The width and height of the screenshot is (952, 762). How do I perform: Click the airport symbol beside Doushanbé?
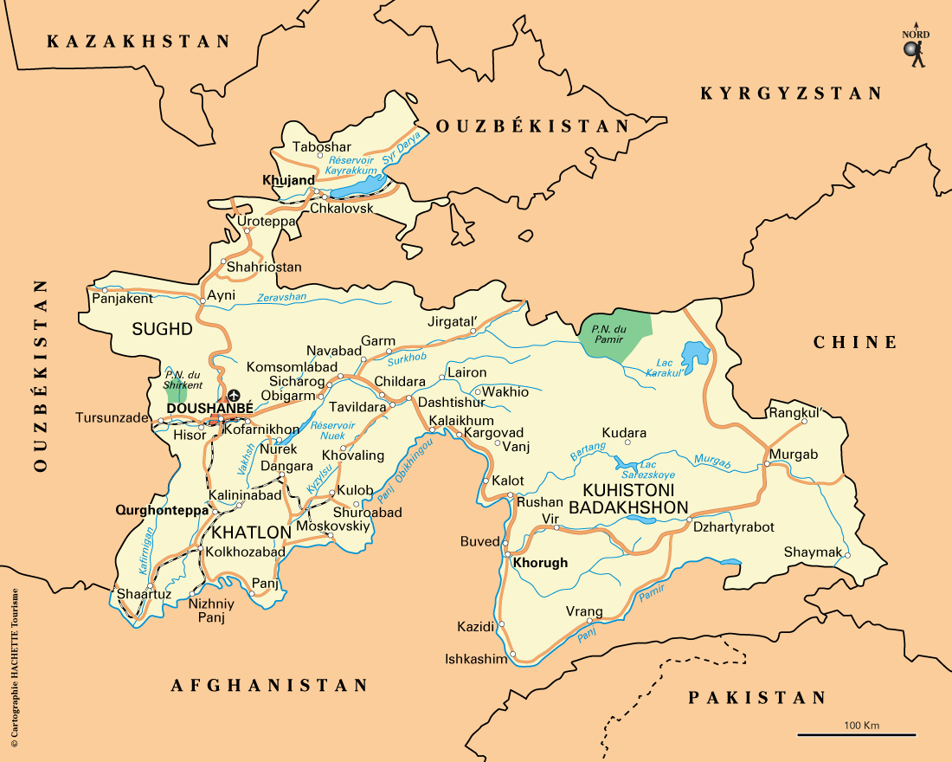(233, 396)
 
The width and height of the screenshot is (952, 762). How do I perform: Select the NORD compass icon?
(915, 48)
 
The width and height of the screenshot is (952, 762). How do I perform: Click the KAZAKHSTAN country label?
(139, 41)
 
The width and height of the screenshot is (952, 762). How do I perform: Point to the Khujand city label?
(287, 180)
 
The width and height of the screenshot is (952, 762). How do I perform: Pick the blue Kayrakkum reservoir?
(358, 184)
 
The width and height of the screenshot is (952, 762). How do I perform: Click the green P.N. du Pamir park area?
(615, 331)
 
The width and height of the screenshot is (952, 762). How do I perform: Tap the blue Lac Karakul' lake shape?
(695, 354)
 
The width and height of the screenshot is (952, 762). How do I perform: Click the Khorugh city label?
(540, 563)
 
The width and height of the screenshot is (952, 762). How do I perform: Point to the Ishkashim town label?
(475, 659)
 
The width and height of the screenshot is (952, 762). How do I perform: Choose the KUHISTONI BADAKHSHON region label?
(635, 500)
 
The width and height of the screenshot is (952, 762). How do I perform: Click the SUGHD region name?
(161, 329)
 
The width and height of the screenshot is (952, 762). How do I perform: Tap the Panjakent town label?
(121, 299)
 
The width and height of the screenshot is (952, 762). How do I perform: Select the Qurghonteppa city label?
(162, 511)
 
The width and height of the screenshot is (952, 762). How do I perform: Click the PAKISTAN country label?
(757, 698)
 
